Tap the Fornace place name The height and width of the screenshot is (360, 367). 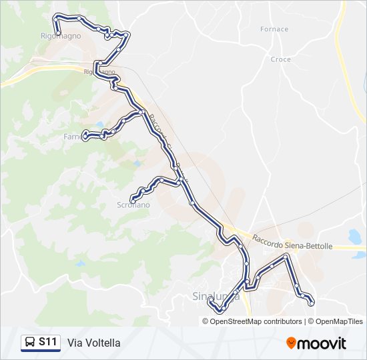pyautogui.click(x=275, y=29)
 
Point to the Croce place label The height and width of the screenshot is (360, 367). pyautogui.click(x=281, y=59)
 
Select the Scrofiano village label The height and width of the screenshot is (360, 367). pyautogui.click(x=133, y=205)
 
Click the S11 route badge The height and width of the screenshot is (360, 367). pyautogui.click(x=41, y=343)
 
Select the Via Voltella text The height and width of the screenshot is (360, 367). pyautogui.click(x=94, y=343)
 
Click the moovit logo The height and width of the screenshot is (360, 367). pyautogui.click(x=316, y=343)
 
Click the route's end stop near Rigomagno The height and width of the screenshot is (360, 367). pyautogui.click(x=58, y=33)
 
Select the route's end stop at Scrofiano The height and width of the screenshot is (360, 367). pyautogui.click(x=132, y=199)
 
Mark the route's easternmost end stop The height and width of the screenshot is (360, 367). pyautogui.click(x=312, y=303)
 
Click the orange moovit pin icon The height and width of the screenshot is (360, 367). pyautogui.click(x=292, y=343)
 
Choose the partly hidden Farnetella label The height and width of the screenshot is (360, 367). pyautogui.click(x=72, y=137)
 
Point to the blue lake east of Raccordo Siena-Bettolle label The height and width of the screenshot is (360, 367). pyautogui.click(x=354, y=236)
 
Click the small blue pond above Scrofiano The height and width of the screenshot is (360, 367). pyautogui.click(x=137, y=163)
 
